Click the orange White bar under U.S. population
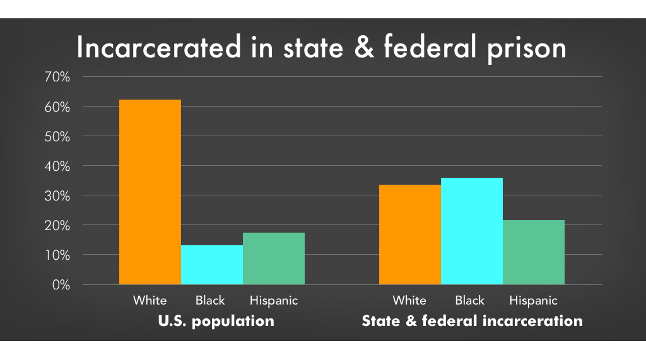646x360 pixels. (150, 192)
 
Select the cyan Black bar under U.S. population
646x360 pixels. (212, 265)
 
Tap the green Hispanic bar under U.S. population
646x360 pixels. (274, 258)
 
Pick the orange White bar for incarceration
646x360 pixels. (410, 235)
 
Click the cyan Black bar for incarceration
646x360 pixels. (472, 231)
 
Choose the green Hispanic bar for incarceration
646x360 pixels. (534, 252)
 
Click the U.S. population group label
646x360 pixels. (215, 321)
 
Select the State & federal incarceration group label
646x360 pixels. (472, 321)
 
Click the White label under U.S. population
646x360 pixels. (150, 300)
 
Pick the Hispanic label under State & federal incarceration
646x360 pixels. (534, 301)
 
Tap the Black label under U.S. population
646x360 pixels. (210, 300)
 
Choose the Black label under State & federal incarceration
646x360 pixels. (470, 300)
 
